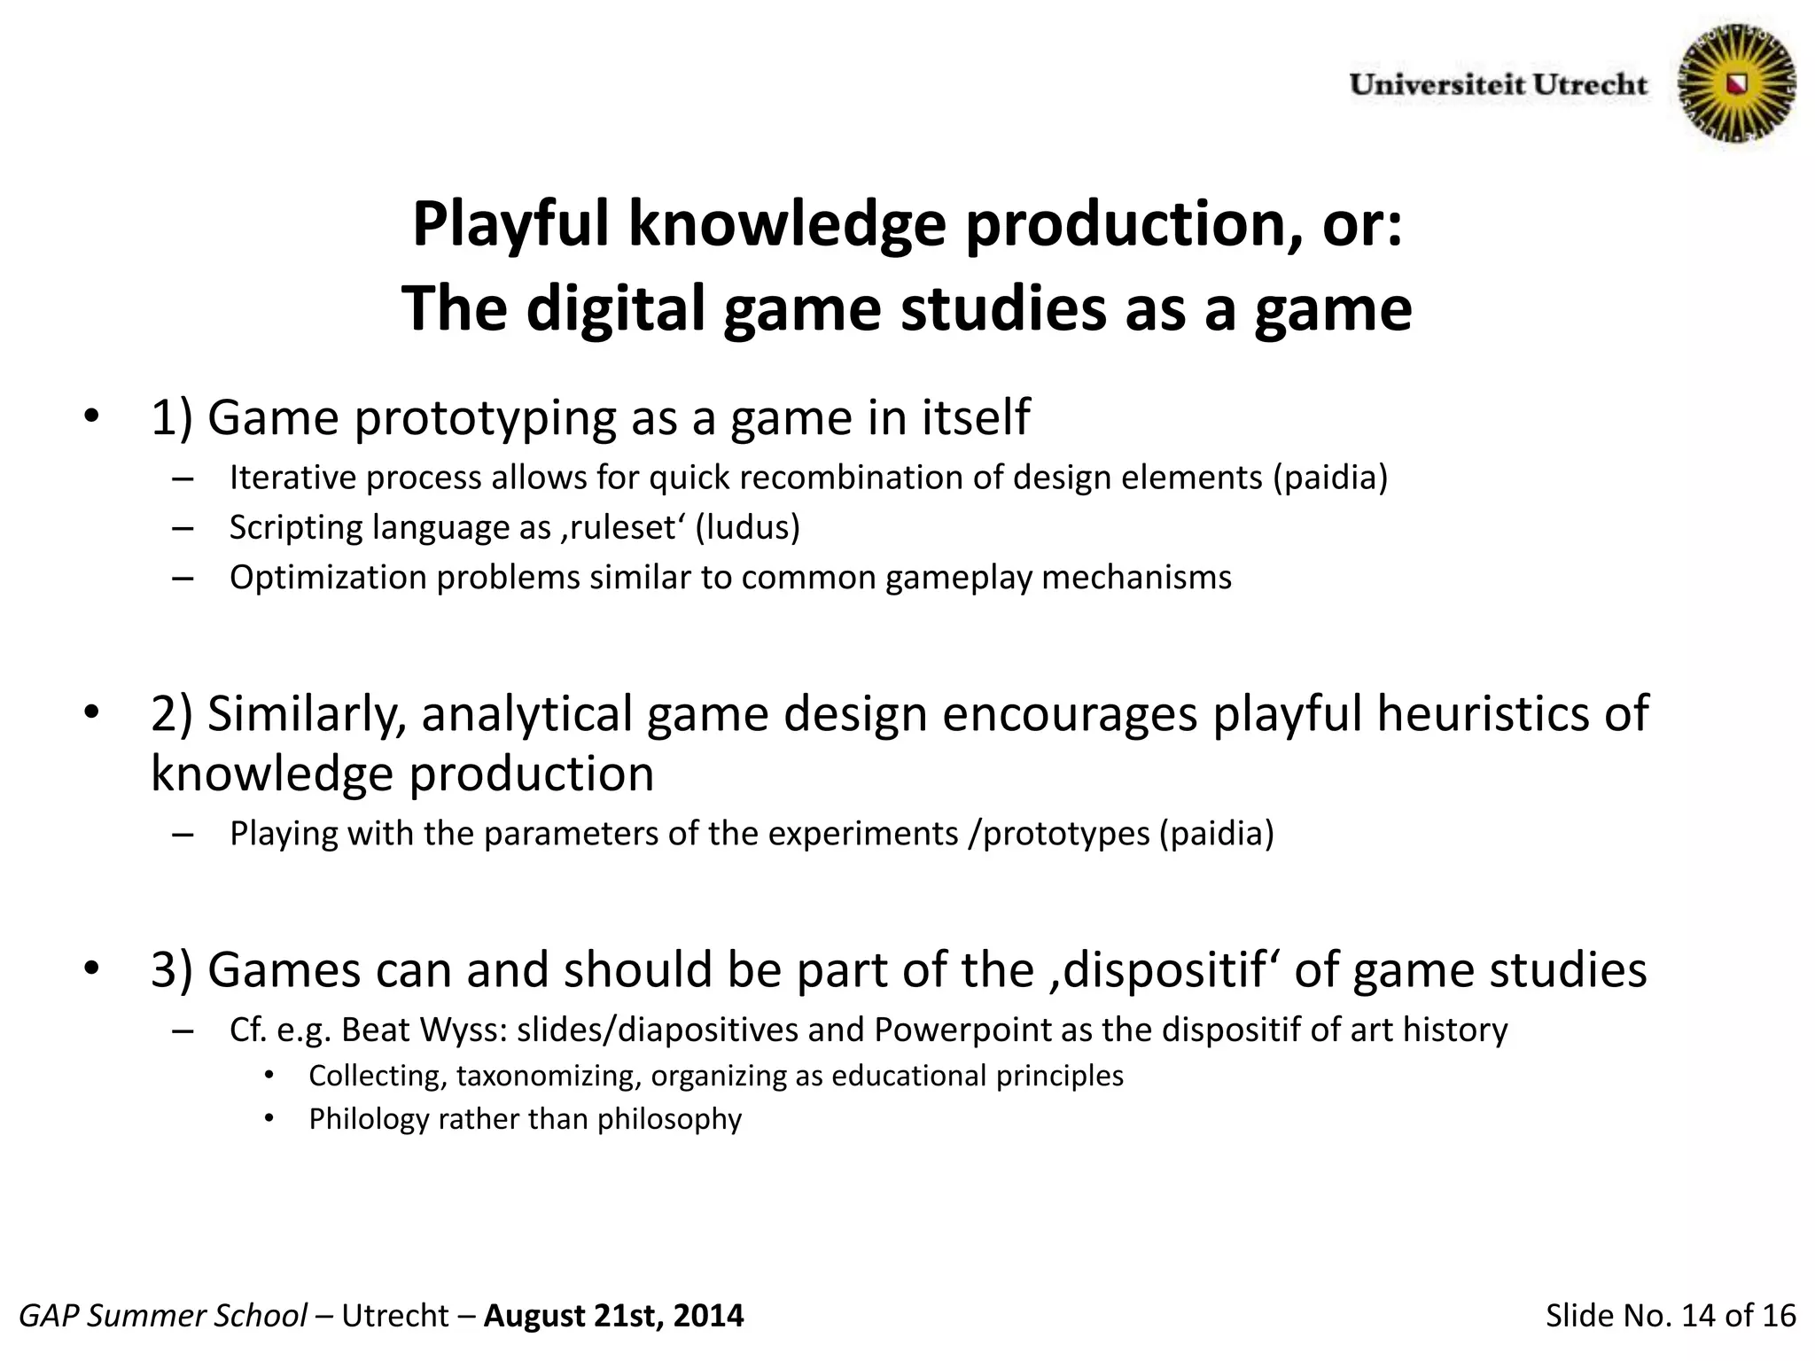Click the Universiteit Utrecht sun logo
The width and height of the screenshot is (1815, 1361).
pyautogui.click(x=1737, y=83)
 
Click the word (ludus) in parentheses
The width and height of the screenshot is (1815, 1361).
pyautogui.click(x=747, y=527)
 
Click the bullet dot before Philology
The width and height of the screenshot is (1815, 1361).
pyautogui.click(x=269, y=1119)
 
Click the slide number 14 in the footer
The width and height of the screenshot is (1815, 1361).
pyautogui.click(x=1699, y=1316)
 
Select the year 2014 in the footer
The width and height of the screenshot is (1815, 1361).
pyautogui.click(x=708, y=1316)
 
